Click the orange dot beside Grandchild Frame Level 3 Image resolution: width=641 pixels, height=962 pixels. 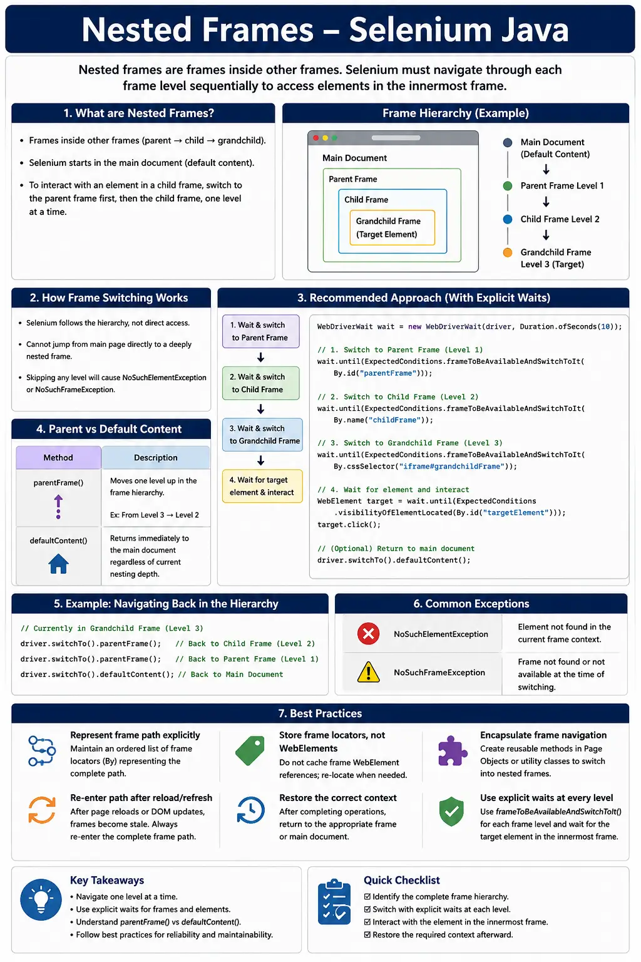508,252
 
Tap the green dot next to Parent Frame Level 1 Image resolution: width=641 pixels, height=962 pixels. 508,186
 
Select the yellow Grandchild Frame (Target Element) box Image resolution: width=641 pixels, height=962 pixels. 392,227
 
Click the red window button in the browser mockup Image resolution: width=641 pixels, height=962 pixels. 316,138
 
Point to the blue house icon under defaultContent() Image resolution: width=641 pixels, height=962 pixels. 58,564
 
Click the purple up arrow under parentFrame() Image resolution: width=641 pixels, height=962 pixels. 58,507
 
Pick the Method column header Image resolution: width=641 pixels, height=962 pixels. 58,458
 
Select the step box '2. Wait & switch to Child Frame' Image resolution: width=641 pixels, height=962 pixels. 260,383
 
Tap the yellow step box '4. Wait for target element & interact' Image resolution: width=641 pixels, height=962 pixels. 262,486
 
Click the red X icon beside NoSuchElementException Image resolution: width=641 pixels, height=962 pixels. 368,633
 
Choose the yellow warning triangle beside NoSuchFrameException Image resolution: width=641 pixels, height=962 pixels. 368,672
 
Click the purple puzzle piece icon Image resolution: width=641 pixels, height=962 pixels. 452,751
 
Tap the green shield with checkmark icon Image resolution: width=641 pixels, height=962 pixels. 452,811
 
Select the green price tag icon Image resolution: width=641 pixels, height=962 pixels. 250,751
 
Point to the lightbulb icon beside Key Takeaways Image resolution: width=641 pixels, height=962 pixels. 41,900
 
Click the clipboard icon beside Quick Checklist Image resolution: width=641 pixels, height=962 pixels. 334,901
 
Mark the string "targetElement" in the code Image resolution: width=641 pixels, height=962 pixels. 515,513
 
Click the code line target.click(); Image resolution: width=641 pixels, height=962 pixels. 349,525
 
